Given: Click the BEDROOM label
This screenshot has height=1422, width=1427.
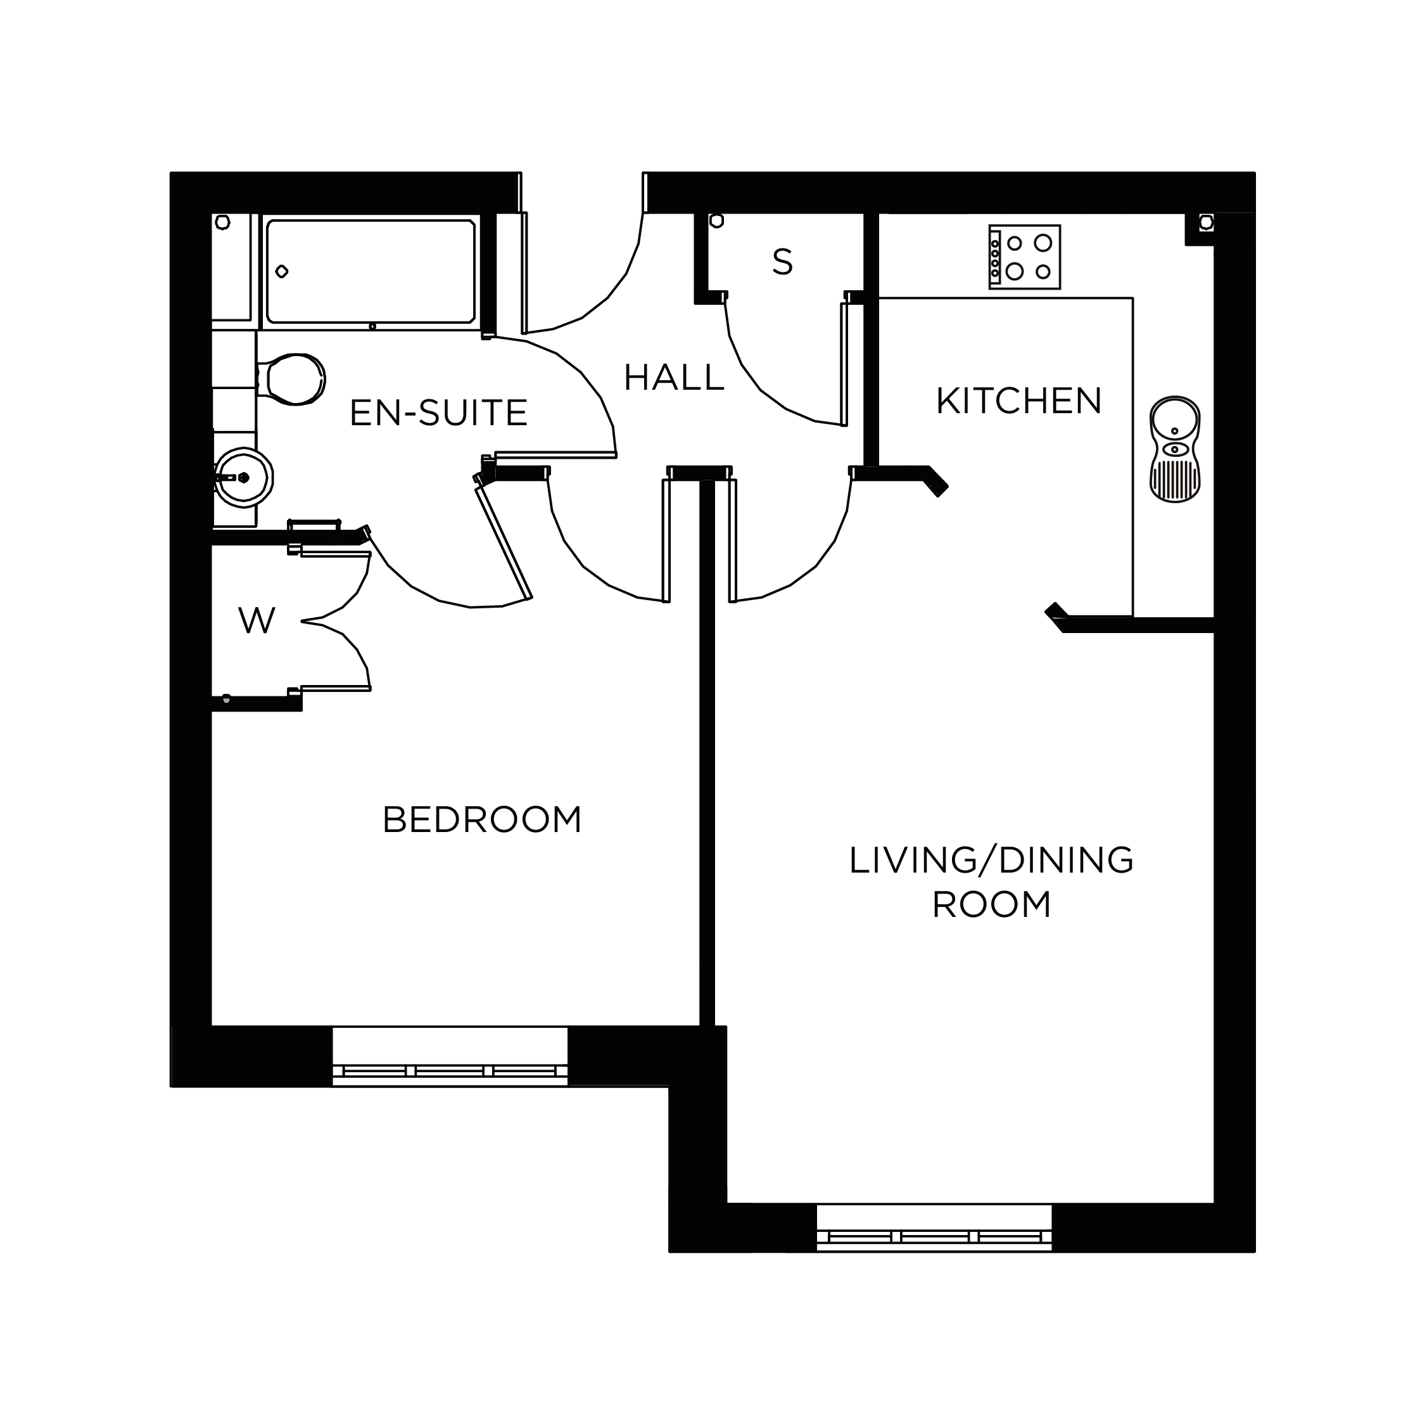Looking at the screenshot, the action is point(482,819).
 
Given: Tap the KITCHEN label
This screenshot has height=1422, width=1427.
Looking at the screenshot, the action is point(1018,401).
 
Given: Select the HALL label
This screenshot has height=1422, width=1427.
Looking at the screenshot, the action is point(674,378).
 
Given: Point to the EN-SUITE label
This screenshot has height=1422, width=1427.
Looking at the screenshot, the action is point(439,413).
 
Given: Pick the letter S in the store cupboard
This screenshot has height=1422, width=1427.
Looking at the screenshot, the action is point(782,262).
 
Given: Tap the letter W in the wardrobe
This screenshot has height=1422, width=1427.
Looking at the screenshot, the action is point(257,621).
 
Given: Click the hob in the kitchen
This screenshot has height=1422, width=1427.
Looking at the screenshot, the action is point(1024,257).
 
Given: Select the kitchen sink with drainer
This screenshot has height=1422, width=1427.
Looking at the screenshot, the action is point(1174,449).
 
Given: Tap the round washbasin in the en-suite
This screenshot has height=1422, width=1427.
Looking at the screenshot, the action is point(243,477).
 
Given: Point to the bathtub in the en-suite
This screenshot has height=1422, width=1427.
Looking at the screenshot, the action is point(371,272).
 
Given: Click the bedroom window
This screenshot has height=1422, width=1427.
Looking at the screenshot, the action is point(450,1056).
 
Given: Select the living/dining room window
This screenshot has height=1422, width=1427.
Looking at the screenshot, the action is point(934,1227).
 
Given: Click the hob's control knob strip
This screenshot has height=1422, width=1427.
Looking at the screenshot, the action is point(995,257).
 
